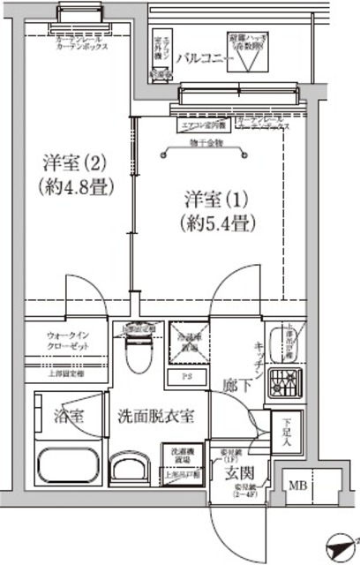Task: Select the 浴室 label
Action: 67,416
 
